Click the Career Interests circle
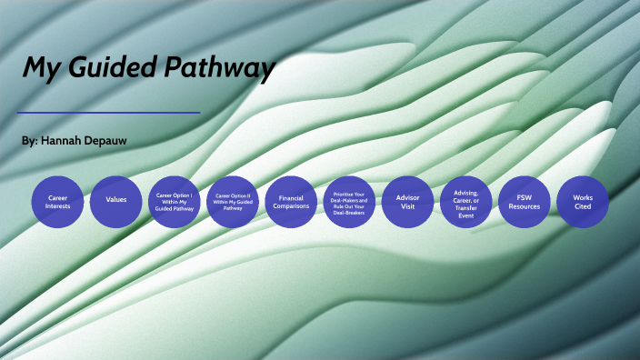[58, 201]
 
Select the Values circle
[116, 201]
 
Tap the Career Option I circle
[175, 201]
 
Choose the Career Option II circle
[233, 201]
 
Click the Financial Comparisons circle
[291, 201]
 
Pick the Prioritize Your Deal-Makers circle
[349, 201]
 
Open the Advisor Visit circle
[407, 201]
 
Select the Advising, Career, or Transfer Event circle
[465, 201]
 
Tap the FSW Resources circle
[524, 201]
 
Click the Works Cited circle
[582, 201]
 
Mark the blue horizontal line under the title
[109, 113]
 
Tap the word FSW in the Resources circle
[524, 196]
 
